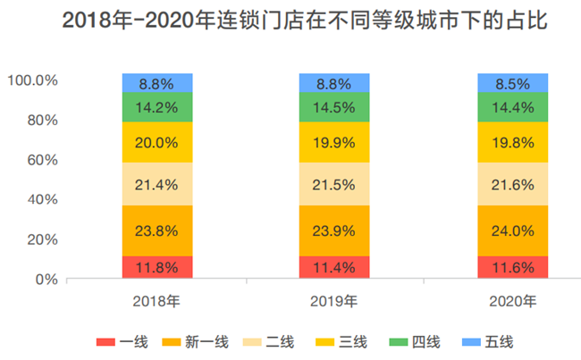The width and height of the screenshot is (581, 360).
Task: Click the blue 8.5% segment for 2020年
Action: (x=512, y=83)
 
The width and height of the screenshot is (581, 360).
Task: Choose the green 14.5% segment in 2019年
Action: (x=334, y=106)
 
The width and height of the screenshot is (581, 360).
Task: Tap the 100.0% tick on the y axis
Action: (x=33, y=80)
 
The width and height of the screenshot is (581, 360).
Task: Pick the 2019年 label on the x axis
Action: (x=334, y=300)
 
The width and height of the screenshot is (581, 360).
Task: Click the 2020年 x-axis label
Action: (x=512, y=300)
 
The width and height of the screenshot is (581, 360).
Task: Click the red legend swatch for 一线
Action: (x=105, y=341)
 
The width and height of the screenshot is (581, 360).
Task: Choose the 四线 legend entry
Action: (x=418, y=341)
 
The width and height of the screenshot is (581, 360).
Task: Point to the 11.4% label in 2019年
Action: (x=334, y=267)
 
